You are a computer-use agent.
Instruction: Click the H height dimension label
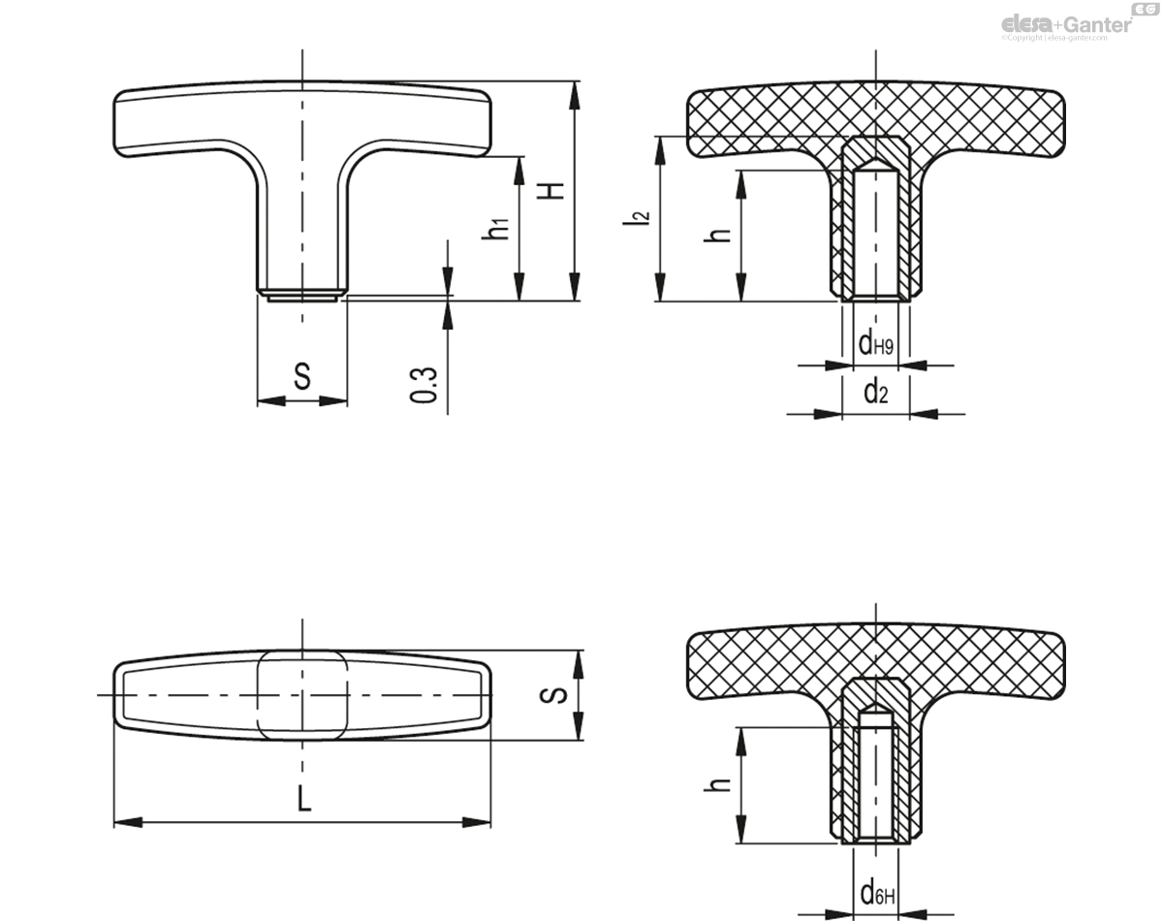coord(554,191)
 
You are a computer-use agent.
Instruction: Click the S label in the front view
coord(302,377)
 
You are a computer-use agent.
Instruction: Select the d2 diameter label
coord(875,391)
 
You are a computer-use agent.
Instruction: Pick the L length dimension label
coord(303,800)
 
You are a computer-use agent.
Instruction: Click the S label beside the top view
coord(553,696)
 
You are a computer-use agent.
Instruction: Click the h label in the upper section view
coord(719,236)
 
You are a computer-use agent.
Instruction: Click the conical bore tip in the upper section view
coord(876,161)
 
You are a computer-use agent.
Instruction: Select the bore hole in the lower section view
coord(876,776)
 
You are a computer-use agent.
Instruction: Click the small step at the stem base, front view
coord(302,296)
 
